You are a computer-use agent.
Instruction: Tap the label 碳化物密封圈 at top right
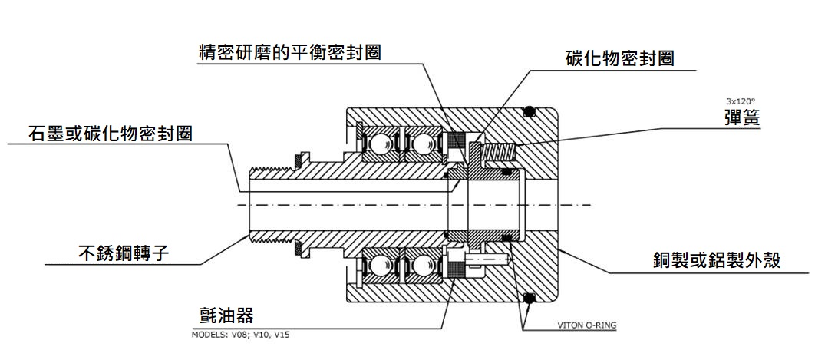coord(619,58)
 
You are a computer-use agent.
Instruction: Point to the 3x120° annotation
coord(741,101)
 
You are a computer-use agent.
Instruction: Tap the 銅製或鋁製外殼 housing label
coord(715,260)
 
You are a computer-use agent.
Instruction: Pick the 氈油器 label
coord(226,315)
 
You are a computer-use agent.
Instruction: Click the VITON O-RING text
coord(586,325)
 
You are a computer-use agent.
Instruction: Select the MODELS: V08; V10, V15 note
coord(240,334)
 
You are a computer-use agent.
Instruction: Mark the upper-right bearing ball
coord(419,144)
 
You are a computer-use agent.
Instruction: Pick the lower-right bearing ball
coord(419,266)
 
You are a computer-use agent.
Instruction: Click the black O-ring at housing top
coord(528,111)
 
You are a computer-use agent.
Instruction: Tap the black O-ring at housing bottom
coord(528,298)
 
